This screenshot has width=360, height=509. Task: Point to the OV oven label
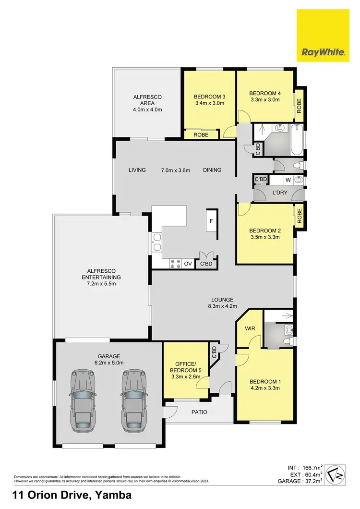click(188, 264)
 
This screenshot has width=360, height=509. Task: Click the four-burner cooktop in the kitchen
click(175, 264)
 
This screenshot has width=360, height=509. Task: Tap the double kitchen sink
click(156, 242)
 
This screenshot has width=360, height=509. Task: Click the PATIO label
click(199, 412)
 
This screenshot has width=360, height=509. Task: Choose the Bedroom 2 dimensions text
click(265, 237)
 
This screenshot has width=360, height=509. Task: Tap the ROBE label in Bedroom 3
click(201, 135)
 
